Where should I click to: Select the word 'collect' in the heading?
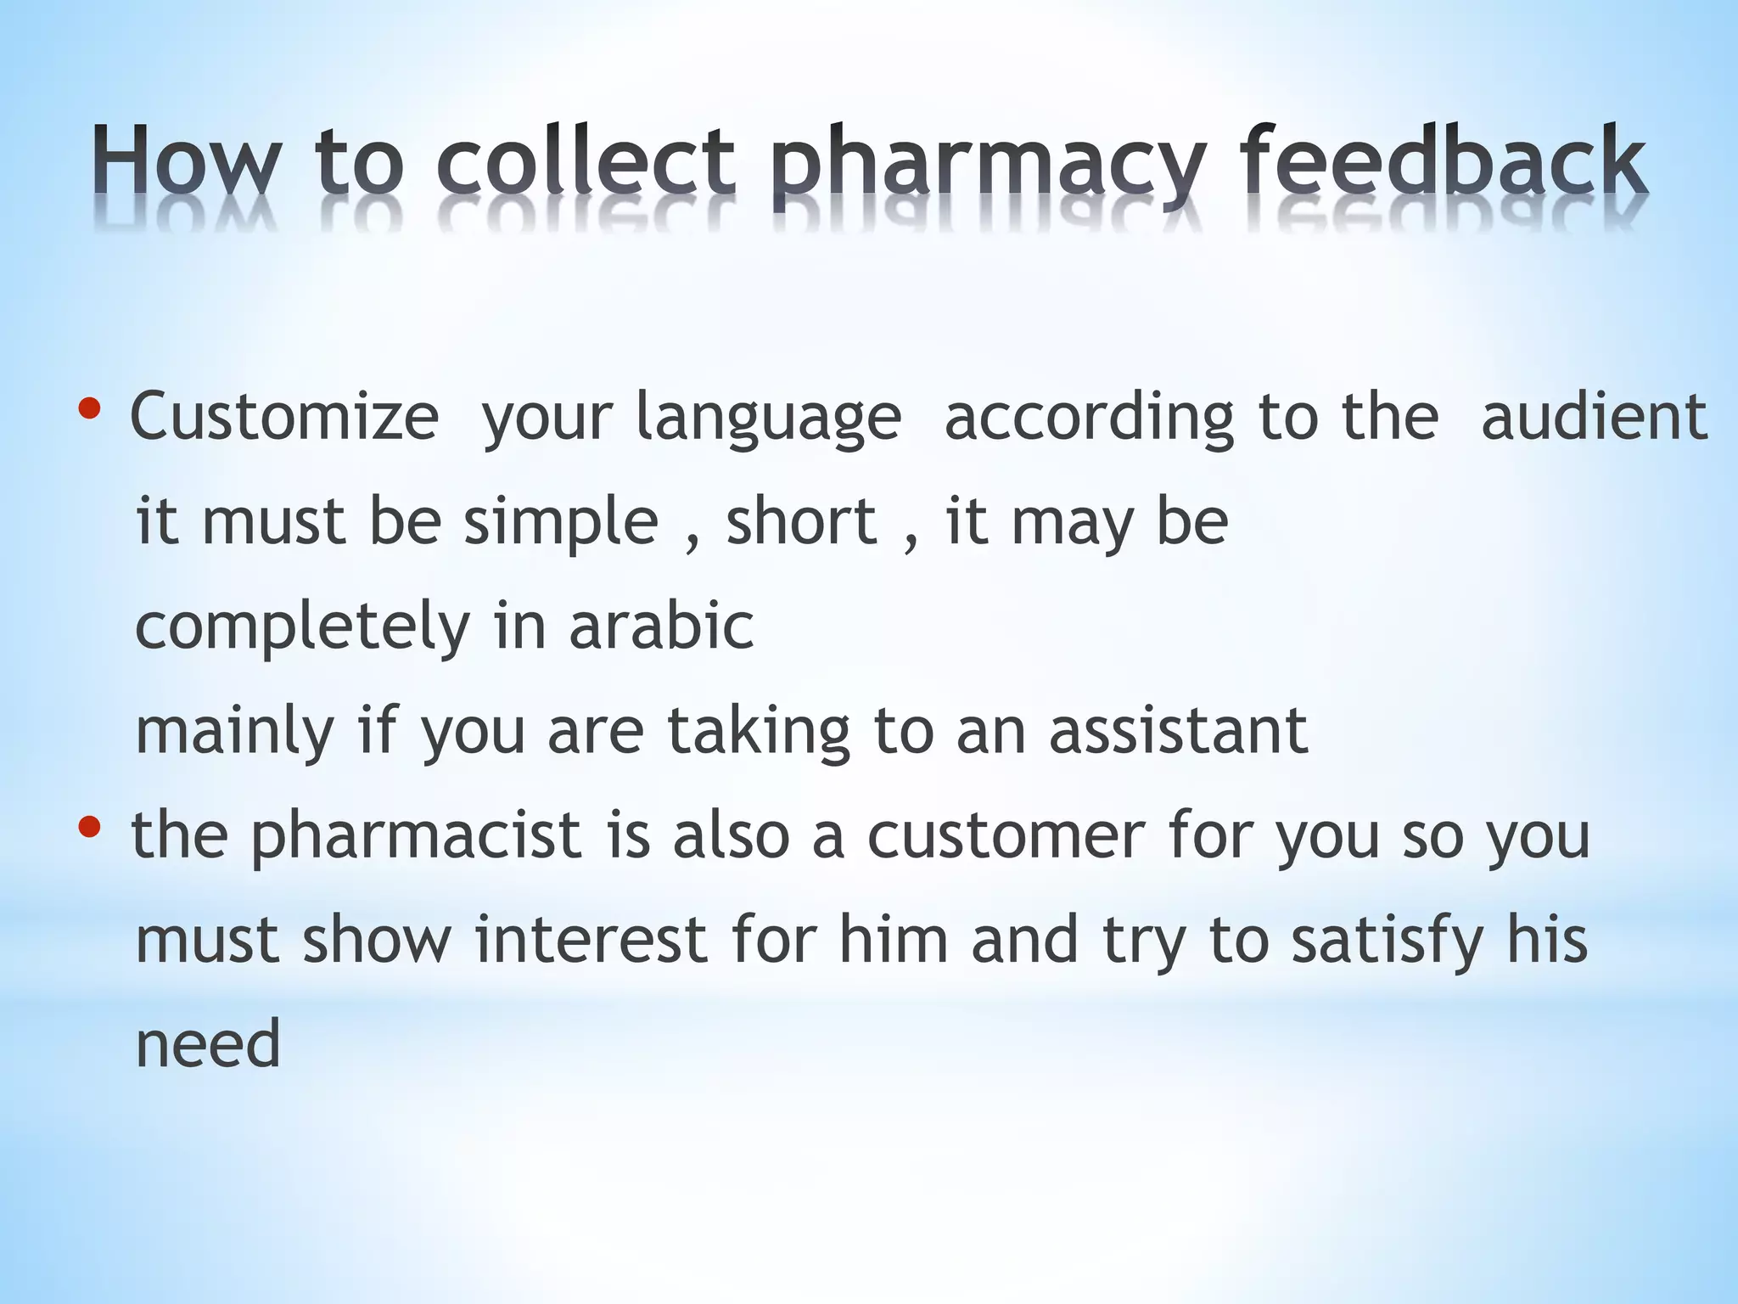pyautogui.click(x=586, y=161)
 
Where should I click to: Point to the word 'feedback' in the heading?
pyautogui.click(x=1443, y=161)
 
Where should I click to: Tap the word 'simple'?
pyautogui.click(x=561, y=522)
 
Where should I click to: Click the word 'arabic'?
pyautogui.click(x=661, y=626)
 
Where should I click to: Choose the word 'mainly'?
pyautogui.click(x=234, y=733)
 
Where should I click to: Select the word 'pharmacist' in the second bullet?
pyautogui.click(x=416, y=836)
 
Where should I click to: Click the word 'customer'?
pyautogui.click(x=1006, y=836)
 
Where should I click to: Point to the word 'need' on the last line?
pyautogui.click(x=208, y=1044)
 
